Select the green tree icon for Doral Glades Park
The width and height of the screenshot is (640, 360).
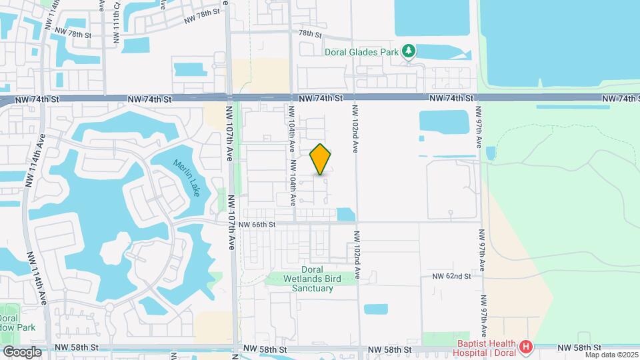(x=410, y=51)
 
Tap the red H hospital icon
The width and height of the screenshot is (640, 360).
(x=527, y=347)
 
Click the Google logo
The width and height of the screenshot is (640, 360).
(x=22, y=351)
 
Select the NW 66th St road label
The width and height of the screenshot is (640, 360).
(x=257, y=225)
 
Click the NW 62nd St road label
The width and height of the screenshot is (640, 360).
(x=451, y=276)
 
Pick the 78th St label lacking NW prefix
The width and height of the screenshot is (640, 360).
(x=310, y=33)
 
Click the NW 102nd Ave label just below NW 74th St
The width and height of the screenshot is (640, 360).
(x=355, y=126)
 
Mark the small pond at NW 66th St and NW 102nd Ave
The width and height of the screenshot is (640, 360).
(x=345, y=215)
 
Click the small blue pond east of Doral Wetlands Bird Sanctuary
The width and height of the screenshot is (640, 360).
(x=376, y=309)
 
